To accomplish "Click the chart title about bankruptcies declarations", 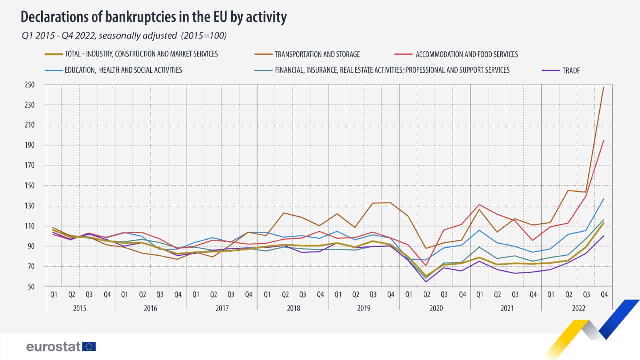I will (154, 17).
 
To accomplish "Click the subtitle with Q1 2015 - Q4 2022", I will (124, 36).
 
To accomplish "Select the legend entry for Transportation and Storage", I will (317, 54).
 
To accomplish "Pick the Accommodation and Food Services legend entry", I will (466, 54).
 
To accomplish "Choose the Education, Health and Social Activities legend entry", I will (123, 70).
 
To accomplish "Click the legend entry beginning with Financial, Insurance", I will (392, 70).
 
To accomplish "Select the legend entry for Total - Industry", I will (141, 54).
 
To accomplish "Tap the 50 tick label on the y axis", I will (31, 287).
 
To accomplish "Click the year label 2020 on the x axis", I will (435, 308).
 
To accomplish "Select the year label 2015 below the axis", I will (79, 308).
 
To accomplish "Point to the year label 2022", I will (577, 308).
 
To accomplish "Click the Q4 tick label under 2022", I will (603, 295).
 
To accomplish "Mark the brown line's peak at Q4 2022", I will (604, 87).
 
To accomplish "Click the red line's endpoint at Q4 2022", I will (604, 140).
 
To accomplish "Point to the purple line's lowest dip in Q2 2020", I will (426, 282).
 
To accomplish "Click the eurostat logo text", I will (54, 347).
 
